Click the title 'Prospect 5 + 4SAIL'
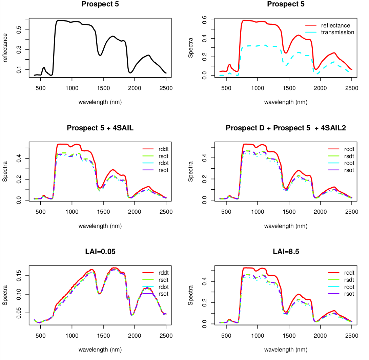tap(100, 128)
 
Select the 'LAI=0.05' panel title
tap(100, 252)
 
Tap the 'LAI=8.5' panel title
tap(286, 252)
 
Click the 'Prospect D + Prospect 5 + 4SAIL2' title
tap(286, 128)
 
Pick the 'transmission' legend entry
tap(337, 33)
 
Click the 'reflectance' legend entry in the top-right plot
tap(335, 26)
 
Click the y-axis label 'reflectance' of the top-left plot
tap(5, 48)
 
